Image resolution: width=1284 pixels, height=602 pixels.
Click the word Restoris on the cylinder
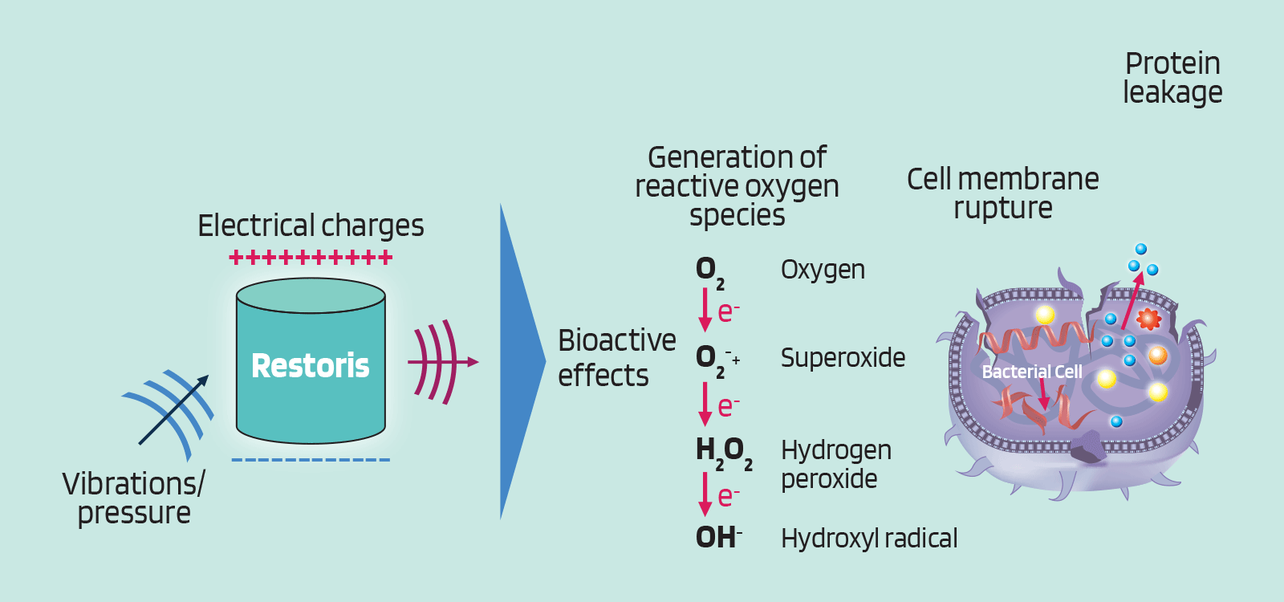click(310, 366)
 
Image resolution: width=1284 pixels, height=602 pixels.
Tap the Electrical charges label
click(311, 226)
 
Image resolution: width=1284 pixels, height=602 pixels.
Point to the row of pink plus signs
click(311, 258)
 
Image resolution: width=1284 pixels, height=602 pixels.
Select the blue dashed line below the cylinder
click(311, 460)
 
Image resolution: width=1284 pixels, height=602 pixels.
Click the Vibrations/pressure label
click(134, 498)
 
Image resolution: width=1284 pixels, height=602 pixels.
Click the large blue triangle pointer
click(518, 361)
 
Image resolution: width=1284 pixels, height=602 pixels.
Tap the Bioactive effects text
click(616, 358)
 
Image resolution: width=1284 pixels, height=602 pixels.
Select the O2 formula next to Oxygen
click(709, 270)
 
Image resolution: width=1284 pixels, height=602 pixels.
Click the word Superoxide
click(843, 357)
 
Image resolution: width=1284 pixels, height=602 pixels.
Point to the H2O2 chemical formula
click(723, 451)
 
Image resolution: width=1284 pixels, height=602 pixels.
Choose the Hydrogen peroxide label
click(835, 464)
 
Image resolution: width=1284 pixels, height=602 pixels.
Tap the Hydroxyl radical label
click(869, 539)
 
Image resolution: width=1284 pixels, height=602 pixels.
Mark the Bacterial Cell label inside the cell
click(1031, 372)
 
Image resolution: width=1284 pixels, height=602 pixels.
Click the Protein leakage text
click(1172, 78)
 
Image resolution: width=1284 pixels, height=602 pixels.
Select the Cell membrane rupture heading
click(1002, 193)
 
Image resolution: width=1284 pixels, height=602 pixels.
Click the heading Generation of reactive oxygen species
click(737, 185)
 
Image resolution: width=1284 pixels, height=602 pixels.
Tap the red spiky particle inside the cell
click(1148, 319)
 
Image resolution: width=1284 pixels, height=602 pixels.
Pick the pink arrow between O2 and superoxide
click(705, 310)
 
